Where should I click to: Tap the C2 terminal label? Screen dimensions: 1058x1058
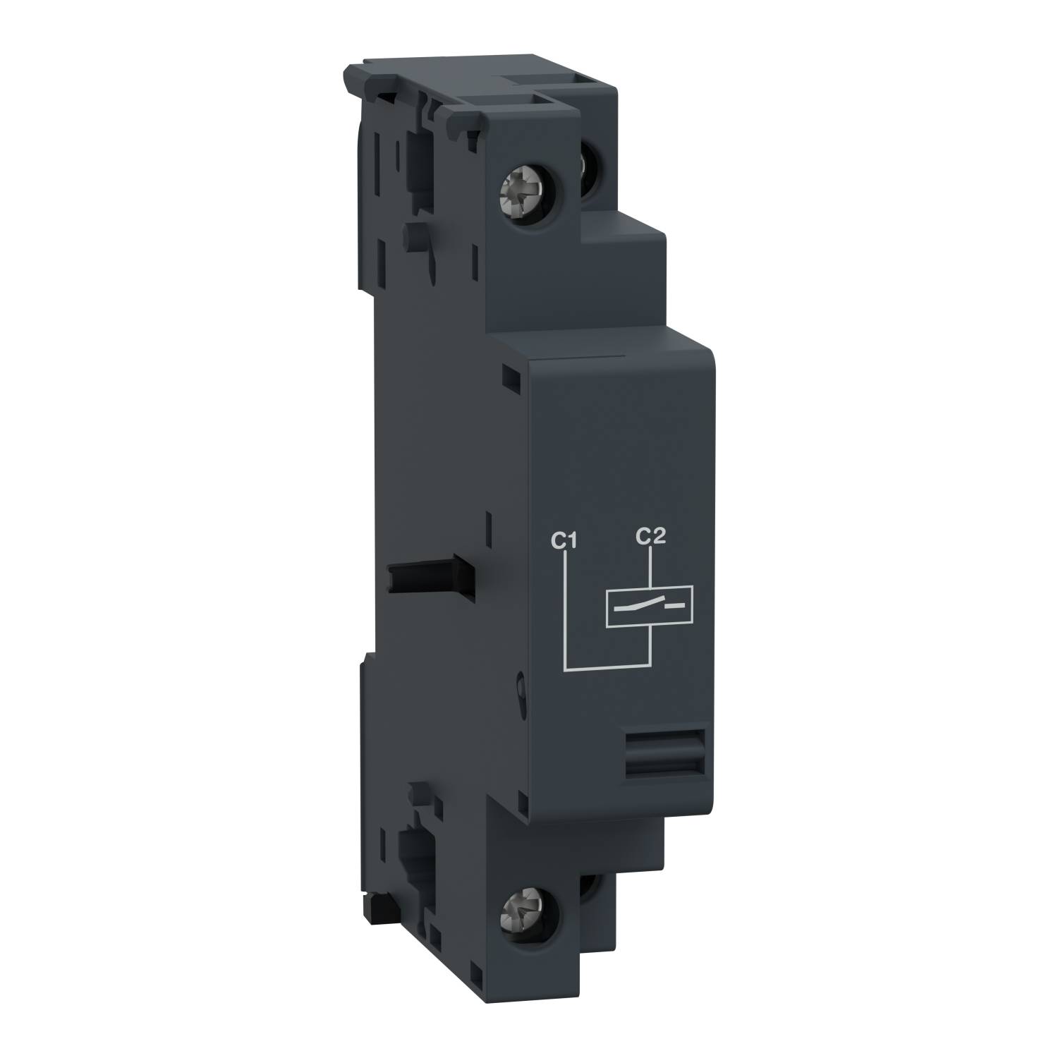pos(650,537)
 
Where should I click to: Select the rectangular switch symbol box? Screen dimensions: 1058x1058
pos(650,606)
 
